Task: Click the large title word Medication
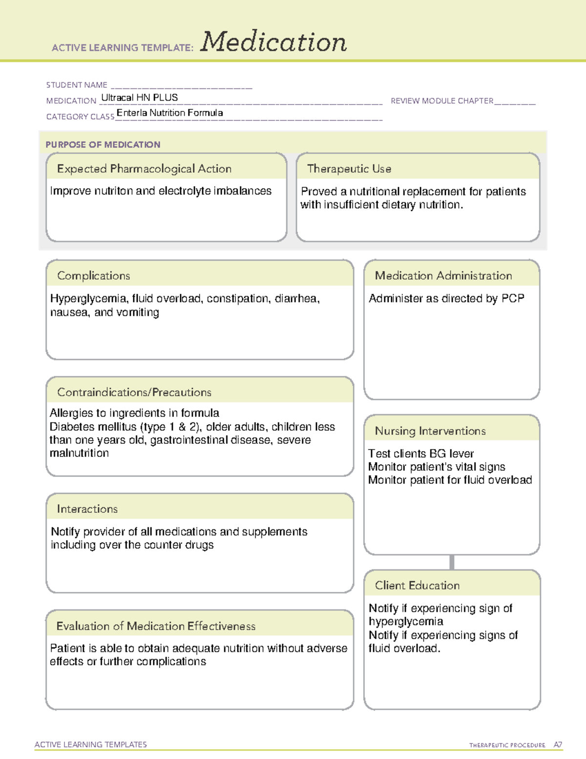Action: (273, 42)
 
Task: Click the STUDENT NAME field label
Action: (77, 85)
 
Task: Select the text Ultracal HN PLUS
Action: (140, 97)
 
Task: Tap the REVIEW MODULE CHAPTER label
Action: (442, 101)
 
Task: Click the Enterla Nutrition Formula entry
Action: (169, 113)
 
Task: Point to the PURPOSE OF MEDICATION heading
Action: (103, 145)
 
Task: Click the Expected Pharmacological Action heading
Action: (144, 169)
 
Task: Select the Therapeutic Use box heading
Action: (349, 169)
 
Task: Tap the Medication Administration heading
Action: (443, 276)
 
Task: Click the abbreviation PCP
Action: (513, 299)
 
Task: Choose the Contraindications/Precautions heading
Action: (134, 392)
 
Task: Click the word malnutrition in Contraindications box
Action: (79, 453)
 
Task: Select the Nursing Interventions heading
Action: (430, 431)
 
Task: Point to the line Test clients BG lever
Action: (421, 454)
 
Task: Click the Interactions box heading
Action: (87, 509)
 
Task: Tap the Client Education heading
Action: (417, 586)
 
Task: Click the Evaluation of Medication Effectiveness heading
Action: (156, 626)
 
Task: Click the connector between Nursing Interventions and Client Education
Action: (452, 562)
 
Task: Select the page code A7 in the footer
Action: (558, 745)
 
